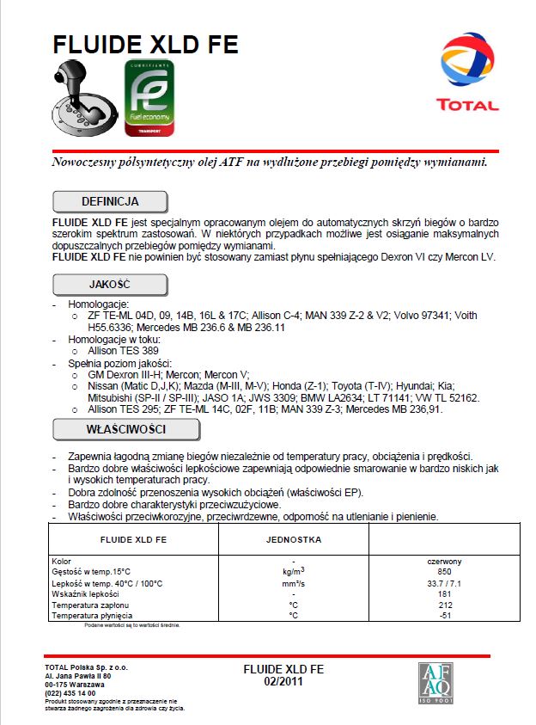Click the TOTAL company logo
[467, 73]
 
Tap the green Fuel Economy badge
[149, 99]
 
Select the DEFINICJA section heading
[110, 201]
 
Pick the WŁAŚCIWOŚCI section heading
[110, 428]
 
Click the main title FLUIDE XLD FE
[145, 45]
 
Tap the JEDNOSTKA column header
[293, 540]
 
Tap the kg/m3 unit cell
[294, 571]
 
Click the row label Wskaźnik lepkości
[85, 594]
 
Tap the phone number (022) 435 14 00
[70, 693]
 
